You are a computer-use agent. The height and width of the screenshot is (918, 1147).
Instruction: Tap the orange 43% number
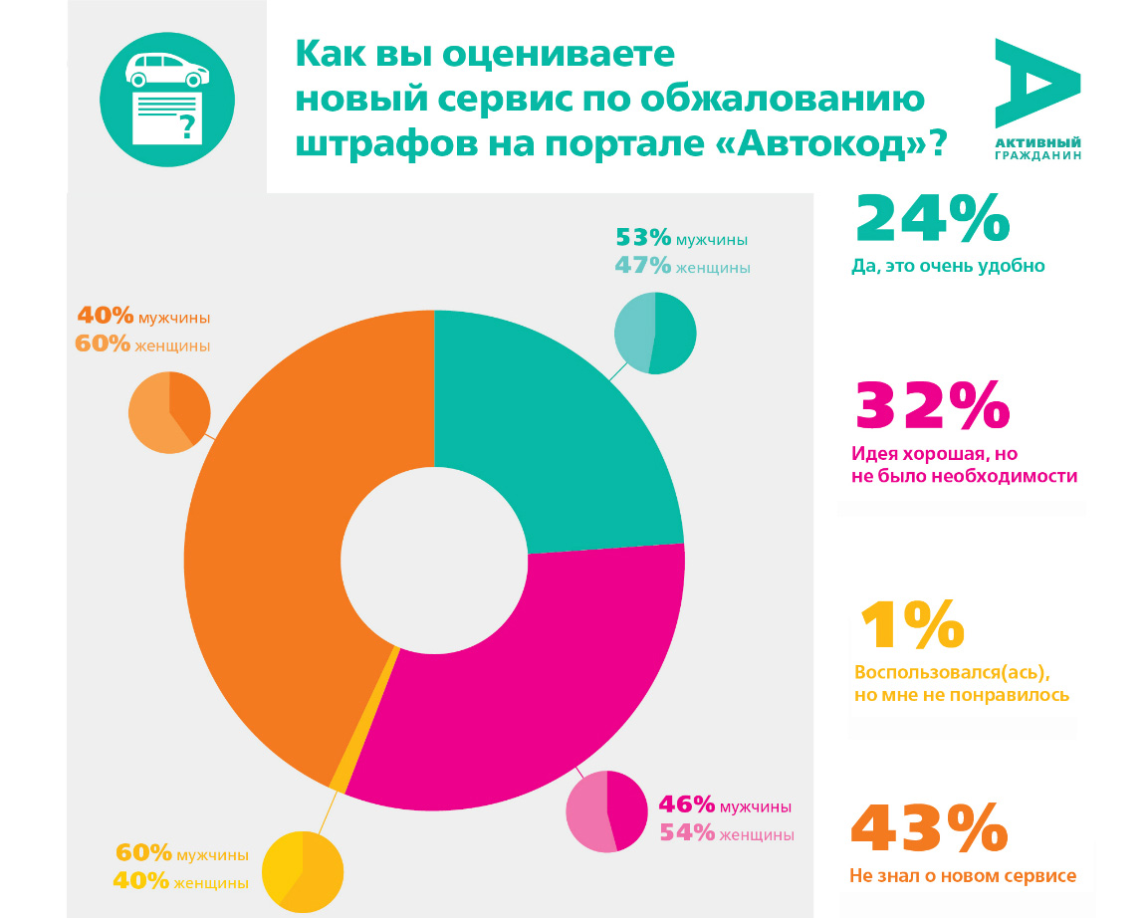(x=929, y=828)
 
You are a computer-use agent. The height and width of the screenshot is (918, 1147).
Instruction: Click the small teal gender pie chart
(x=655, y=334)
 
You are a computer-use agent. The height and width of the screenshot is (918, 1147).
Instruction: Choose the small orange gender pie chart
(x=169, y=412)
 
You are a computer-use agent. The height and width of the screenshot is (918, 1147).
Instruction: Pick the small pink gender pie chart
(x=606, y=811)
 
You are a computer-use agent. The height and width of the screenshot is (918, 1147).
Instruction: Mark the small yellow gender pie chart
(x=303, y=872)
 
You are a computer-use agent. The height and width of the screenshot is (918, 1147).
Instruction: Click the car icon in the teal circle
(x=167, y=69)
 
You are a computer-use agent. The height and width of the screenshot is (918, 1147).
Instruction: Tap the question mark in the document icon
(x=185, y=125)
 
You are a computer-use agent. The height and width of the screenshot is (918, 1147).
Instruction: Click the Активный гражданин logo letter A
(x=1035, y=84)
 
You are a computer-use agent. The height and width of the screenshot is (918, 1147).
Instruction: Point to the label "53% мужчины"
(x=681, y=239)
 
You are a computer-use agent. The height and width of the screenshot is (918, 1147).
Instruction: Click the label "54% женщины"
(x=727, y=833)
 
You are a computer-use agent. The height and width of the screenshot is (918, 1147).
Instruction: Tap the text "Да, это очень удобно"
(x=948, y=266)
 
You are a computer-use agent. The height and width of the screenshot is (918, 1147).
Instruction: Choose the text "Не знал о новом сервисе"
(x=963, y=876)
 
